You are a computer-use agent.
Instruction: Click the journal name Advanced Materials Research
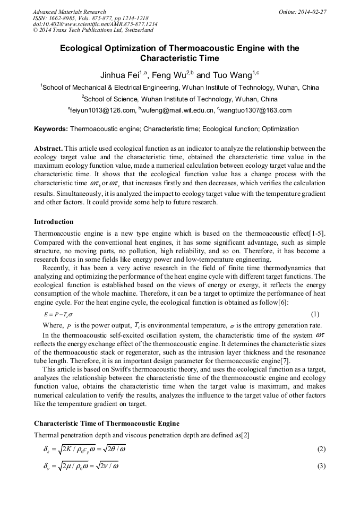click(69, 12)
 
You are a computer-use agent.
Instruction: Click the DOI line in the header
click(95, 24)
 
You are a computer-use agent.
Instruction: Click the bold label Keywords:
click(51, 129)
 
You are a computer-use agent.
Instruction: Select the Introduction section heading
click(54, 222)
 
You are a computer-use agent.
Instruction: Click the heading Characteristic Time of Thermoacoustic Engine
click(107, 424)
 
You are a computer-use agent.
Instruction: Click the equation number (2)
click(321, 450)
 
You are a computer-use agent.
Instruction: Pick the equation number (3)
click(321, 467)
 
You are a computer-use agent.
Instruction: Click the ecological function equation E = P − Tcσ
click(58, 314)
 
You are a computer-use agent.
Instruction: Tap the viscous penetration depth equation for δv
click(80, 467)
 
